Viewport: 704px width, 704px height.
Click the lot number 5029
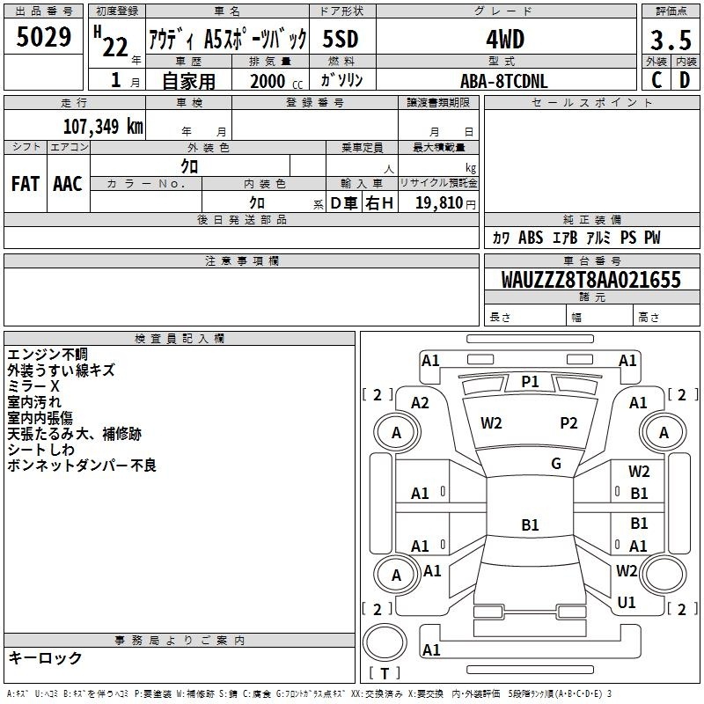coord(43,37)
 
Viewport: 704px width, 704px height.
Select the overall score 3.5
coord(671,40)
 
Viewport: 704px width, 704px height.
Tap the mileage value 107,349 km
coord(103,126)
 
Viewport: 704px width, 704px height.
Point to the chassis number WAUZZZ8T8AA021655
coord(590,279)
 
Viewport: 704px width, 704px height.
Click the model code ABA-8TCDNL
coord(504,81)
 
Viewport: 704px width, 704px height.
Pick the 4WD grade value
coord(505,40)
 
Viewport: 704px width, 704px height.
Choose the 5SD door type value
coord(341,39)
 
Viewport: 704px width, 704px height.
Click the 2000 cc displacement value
coord(276,81)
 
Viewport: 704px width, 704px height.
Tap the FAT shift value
coord(26,184)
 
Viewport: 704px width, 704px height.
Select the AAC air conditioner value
coord(68,184)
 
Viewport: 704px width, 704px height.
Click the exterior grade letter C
coord(656,80)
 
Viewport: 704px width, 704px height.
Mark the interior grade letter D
coord(685,80)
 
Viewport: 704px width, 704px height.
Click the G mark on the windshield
coord(556,463)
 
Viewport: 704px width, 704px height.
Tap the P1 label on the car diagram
coord(530,382)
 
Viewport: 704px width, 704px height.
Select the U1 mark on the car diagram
coord(627,602)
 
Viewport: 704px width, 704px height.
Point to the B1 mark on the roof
coord(530,524)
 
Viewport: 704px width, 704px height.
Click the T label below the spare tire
coord(385,673)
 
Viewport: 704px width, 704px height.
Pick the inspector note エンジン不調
coord(48,355)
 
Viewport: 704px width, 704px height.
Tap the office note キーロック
coord(45,657)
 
